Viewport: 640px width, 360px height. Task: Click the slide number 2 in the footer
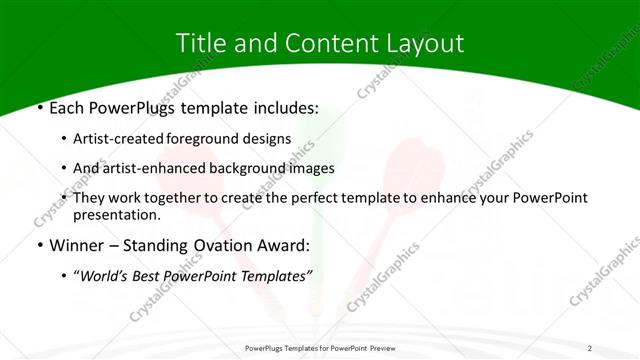(590, 347)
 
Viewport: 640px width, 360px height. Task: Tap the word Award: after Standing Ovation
(284, 245)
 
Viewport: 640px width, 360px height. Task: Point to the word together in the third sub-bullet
(191, 198)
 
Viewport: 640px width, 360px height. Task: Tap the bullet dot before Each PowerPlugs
(39, 105)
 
